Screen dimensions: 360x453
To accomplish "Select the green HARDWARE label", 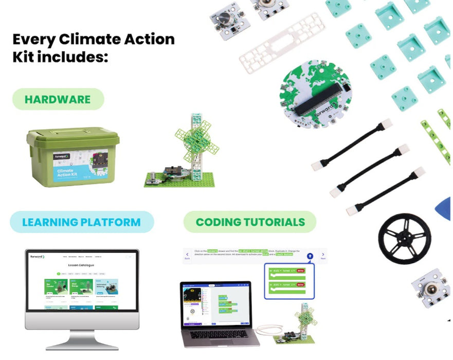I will pos(58,99).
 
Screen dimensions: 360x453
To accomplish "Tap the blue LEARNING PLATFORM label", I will pos(81,222).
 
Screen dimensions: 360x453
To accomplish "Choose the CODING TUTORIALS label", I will pos(250,222).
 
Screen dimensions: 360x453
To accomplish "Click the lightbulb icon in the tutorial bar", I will pos(310,256).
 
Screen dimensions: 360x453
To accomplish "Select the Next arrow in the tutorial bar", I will pos(322,256).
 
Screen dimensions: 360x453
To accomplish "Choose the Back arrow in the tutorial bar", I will pos(187,256).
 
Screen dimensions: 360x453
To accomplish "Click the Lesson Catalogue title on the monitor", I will pos(82,265).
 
